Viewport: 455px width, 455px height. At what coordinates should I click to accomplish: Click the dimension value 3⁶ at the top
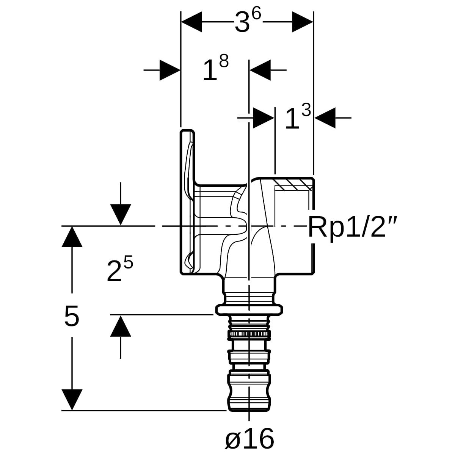tap(248, 22)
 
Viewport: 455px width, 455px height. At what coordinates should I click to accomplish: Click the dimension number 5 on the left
tap(72, 316)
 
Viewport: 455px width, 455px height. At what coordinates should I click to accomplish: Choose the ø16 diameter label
tap(249, 438)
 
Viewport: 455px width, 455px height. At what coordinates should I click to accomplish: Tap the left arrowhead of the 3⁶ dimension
tap(191, 22)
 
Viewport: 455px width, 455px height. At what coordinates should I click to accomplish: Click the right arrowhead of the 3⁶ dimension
tap(303, 22)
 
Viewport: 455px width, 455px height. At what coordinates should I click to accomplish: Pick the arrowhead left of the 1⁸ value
tap(170, 70)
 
